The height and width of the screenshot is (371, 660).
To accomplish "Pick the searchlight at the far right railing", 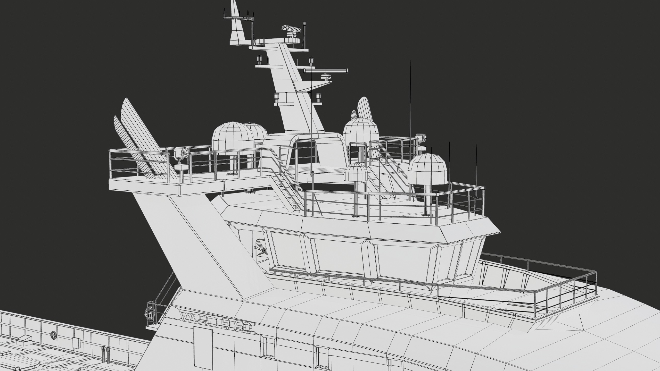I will (x=420, y=138).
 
